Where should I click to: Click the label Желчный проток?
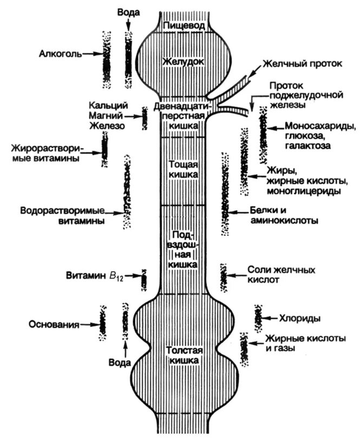click(302, 63)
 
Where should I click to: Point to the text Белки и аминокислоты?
click(283, 216)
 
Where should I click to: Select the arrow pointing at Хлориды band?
click(271, 319)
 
